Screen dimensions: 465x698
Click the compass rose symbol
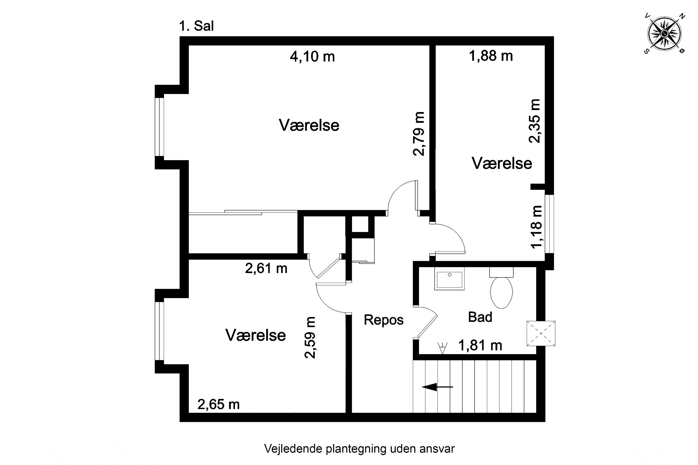664,33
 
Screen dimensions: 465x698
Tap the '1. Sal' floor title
196,26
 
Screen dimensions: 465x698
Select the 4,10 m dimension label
312,56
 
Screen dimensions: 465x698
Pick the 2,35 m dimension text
534,121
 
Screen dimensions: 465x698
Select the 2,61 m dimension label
266,268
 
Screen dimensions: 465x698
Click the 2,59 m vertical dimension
310,338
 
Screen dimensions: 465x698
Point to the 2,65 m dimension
218,405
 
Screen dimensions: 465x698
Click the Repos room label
383,320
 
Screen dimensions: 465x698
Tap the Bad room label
480,317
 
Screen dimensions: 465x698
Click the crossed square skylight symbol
541,333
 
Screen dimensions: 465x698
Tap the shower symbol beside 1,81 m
442,348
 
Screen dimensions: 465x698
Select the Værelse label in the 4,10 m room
309,125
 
